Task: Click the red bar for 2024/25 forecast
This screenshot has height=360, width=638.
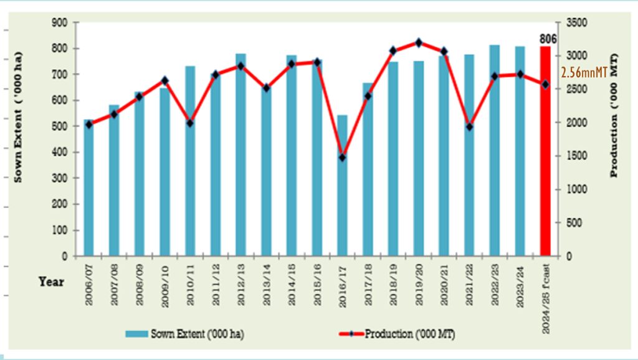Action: [x=545, y=153]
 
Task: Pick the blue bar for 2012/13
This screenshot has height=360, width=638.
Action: [x=241, y=156]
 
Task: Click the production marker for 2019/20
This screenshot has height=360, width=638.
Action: [x=419, y=42]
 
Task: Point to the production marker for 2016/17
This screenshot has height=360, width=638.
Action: [x=343, y=158]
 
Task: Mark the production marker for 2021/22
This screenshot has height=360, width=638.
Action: [x=470, y=127]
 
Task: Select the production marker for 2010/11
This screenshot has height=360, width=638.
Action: [x=190, y=123]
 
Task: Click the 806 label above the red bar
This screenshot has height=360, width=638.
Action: [x=548, y=39]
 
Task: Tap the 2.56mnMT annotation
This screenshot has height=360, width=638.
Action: [x=584, y=73]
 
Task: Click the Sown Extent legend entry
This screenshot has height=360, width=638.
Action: [x=184, y=334]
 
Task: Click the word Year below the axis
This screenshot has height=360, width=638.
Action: [x=52, y=282]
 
